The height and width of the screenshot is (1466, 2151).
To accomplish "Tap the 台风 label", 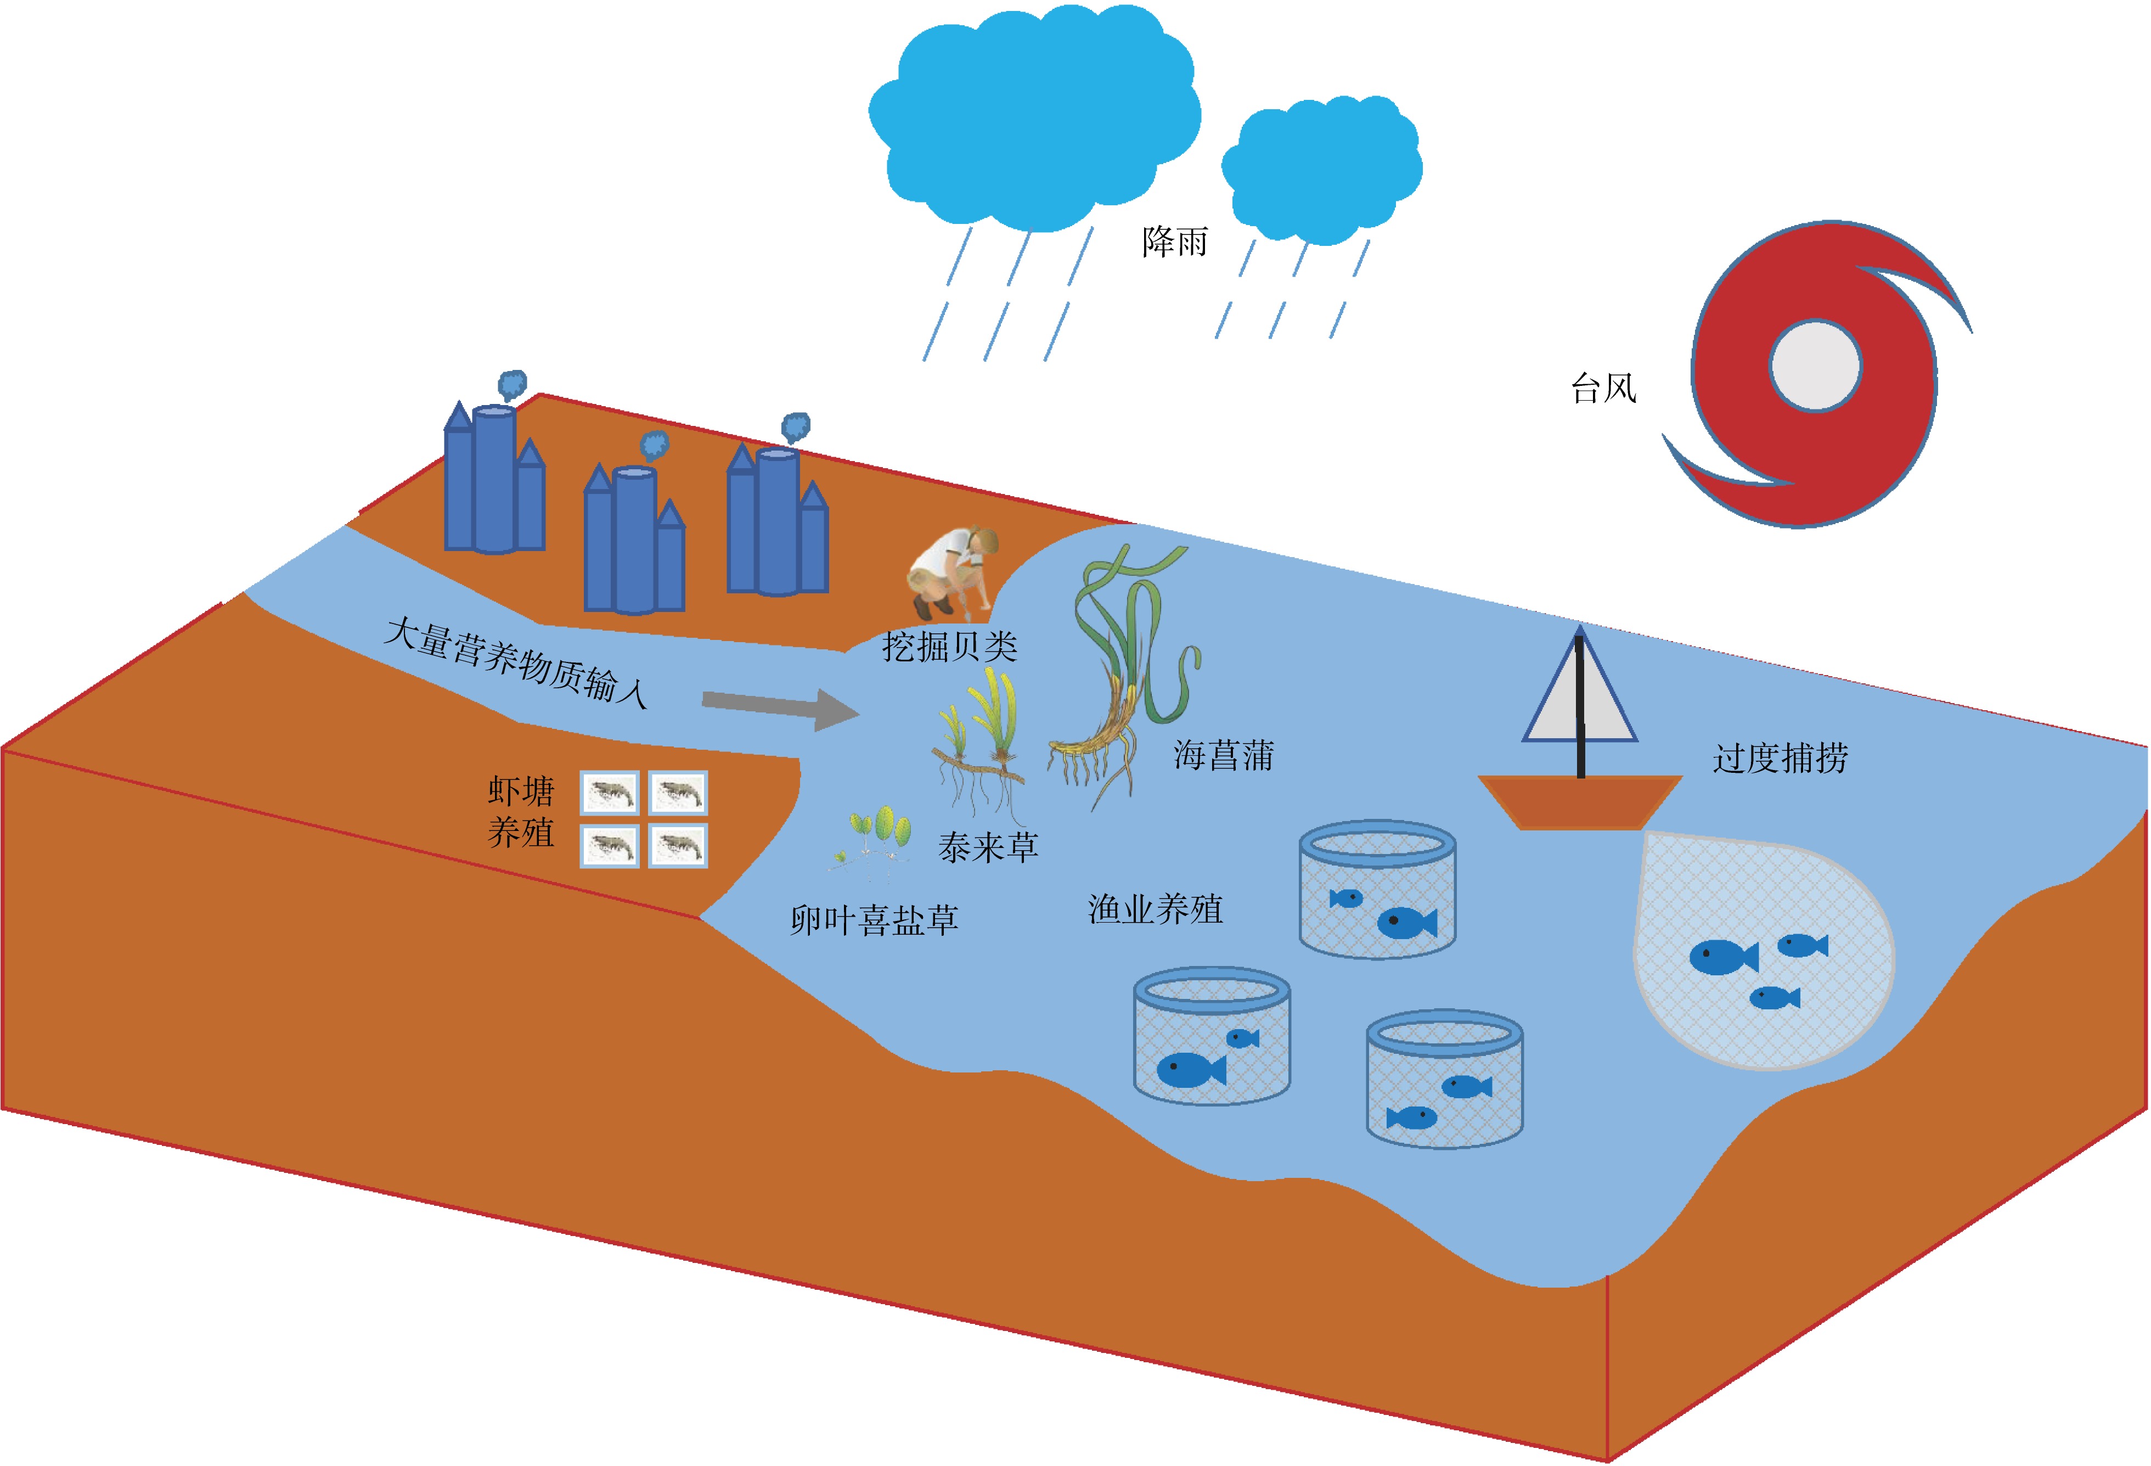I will point(1603,388).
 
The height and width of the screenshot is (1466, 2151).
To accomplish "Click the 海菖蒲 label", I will point(1224,755).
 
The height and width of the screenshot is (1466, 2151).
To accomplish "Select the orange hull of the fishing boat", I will point(1579,801).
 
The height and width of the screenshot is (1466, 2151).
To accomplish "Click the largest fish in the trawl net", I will point(1721,957).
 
